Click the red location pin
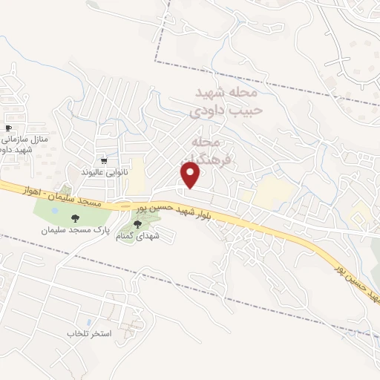pyautogui.click(x=191, y=176)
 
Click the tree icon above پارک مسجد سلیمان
pyautogui.click(x=74, y=218)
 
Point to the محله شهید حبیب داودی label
pyautogui.click(x=226, y=102)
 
